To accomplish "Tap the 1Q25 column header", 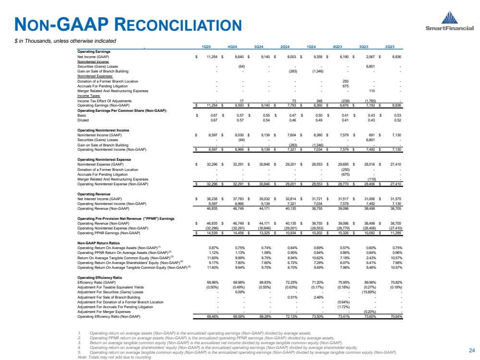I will pos(206,47).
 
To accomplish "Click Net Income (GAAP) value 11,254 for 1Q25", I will pos(211,56).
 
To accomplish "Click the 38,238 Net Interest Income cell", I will pos(211,199).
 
